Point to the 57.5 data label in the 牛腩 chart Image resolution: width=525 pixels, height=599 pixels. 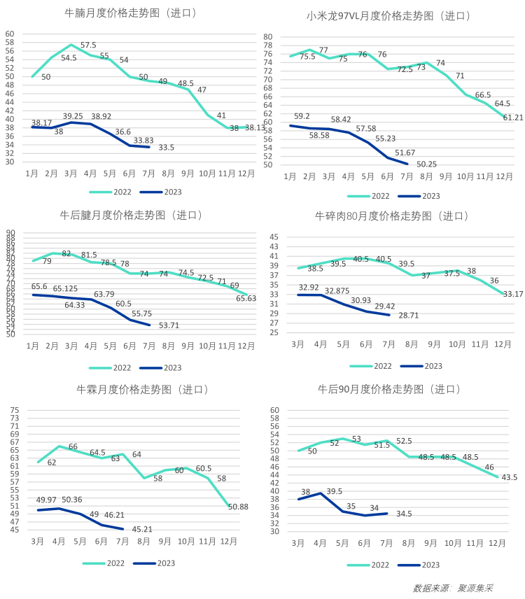click(88, 45)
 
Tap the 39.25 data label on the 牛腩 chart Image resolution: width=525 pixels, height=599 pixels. click(73, 116)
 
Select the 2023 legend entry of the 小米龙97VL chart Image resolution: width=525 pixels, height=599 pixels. click(423, 197)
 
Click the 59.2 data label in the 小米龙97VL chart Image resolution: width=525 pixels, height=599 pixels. click(302, 117)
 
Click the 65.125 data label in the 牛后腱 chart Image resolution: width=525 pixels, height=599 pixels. click(65, 288)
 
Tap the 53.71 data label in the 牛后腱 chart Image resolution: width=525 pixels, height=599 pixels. click(169, 326)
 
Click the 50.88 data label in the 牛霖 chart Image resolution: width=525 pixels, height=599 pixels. click(237, 507)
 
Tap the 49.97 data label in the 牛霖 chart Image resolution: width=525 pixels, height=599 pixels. click(45, 500)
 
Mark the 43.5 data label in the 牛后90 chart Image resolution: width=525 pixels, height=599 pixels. click(509, 478)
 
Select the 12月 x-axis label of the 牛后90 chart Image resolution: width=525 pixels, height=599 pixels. click(498, 542)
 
